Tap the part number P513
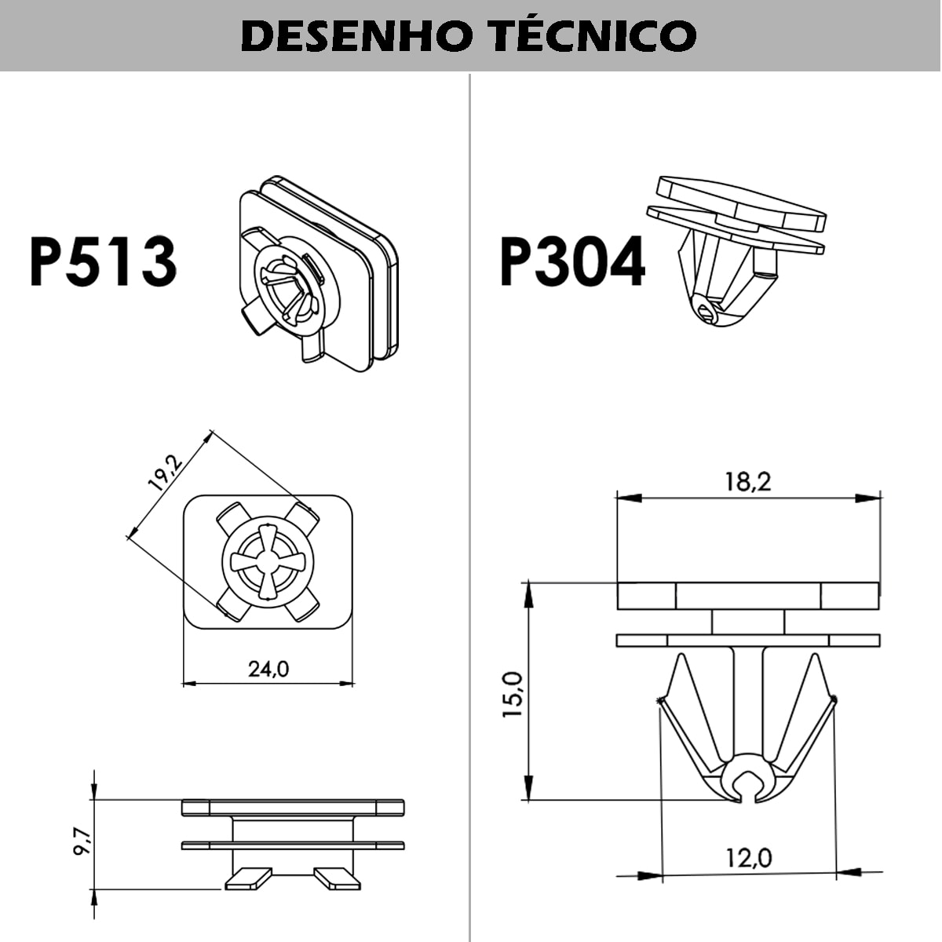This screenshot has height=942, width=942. [x=103, y=261]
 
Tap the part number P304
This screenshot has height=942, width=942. [x=572, y=261]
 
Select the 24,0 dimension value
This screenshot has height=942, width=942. [x=268, y=669]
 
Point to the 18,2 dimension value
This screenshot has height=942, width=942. [x=747, y=481]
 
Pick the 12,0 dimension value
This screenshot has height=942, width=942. [x=747, y=858]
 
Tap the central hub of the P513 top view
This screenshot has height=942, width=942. [x=268, y=560]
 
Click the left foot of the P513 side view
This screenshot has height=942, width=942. [x=248, y=878]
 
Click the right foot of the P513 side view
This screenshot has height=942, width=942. [x=337, y=878]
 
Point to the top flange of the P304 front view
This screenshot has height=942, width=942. [x=747, y=596]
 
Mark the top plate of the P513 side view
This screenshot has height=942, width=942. [x=293, y=807]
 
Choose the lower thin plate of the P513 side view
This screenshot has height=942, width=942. [x=293, y=845]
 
